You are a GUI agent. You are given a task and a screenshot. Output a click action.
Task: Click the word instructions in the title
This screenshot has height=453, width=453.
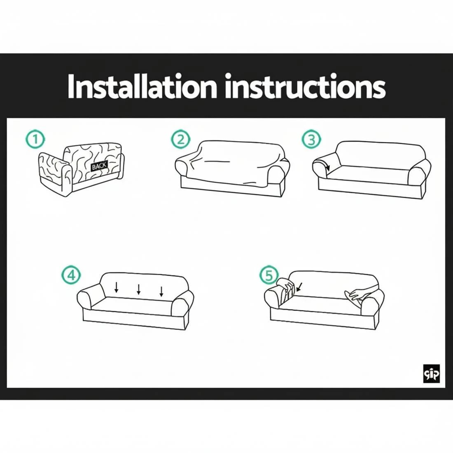click(305, 87)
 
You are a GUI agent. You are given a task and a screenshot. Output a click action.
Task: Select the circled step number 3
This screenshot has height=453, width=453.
click(311, 140)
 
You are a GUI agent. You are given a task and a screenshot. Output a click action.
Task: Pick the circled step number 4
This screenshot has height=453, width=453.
click(71, 275)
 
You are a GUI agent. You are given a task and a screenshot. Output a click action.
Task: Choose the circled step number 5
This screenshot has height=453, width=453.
click(269, 275)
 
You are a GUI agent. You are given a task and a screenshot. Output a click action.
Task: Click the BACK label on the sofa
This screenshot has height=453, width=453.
click(99, 166)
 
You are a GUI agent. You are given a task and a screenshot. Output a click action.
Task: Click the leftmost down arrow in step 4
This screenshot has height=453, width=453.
click(117, 287)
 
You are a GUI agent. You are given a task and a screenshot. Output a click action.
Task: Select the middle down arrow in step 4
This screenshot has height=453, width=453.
click(139, 289)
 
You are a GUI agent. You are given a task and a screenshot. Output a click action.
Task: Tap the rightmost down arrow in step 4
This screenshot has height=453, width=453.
click(161, 291)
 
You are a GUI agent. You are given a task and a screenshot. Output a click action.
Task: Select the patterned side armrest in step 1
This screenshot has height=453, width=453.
click(54, 173)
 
